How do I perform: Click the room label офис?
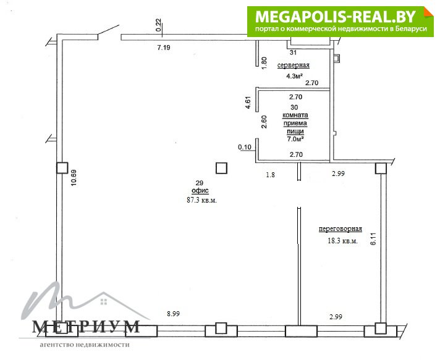200,191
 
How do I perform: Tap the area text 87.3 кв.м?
201,200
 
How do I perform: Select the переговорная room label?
340,229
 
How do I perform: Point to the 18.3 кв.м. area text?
342,241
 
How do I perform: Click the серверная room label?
294,65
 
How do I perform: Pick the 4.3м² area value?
294,76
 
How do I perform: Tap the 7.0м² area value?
296,138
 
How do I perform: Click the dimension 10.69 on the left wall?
74,178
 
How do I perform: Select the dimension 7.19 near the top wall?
164,48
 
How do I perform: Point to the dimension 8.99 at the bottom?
173,314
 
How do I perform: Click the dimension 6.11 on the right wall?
373,239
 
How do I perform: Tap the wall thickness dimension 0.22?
158,25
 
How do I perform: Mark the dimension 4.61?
248,103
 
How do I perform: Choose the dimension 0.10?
245,147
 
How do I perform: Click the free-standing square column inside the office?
221,168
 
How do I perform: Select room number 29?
199,183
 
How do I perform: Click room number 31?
293,52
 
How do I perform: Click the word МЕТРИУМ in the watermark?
86,327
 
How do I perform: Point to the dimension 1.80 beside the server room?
264,64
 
